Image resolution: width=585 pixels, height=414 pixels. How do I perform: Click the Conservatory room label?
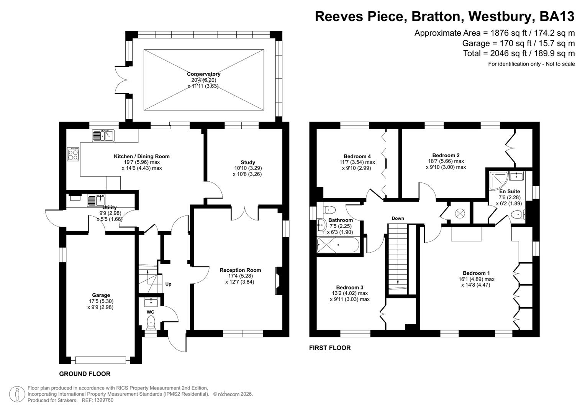click(203, 74)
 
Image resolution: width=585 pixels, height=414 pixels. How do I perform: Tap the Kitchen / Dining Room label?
click(141, 156)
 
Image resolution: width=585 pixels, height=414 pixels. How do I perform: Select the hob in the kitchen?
click(73, 154)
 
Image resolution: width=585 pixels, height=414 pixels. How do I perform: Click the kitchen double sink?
click(103, 136)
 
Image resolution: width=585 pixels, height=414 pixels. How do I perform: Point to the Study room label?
click(247, 162)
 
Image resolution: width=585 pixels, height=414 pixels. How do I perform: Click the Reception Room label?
click(240, 270)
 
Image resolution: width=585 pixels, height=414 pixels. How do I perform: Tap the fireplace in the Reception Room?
click(279, 281)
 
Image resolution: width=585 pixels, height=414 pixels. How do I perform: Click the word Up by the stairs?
click(168, 284)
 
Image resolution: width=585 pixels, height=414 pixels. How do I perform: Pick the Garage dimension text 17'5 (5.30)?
click(101, 301)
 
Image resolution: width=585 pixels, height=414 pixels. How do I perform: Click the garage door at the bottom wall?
click(100, 360)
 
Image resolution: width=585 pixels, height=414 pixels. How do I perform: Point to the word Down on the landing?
click(398, 218)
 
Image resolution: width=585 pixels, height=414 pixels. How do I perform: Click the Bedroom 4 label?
click(357, 156)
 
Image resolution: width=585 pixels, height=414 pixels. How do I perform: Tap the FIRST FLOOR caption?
click(329, 348)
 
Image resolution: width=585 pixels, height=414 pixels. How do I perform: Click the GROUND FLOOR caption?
click(85, 374)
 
